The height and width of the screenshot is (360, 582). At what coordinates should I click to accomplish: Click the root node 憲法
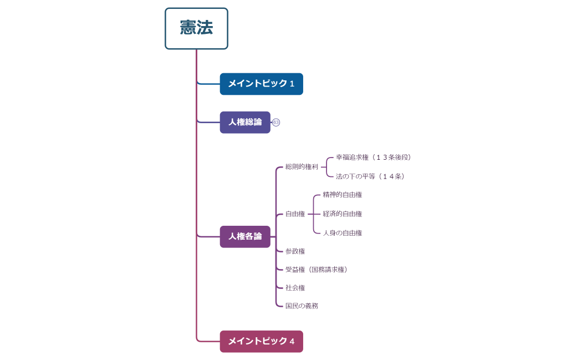196,28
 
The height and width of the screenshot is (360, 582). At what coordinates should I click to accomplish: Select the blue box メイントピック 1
261,84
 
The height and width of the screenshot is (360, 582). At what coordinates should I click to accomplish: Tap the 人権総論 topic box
245,122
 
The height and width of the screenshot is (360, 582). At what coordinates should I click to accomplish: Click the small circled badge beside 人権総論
276,123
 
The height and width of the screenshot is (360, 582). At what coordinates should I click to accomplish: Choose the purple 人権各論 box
245,236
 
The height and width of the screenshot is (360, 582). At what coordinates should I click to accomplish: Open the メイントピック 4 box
261,341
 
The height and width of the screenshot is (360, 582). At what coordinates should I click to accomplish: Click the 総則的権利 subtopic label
302,166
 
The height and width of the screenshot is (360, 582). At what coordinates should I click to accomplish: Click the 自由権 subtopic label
295,214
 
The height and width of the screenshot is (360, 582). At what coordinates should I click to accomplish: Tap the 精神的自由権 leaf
342,195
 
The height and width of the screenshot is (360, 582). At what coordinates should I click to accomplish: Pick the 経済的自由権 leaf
342,214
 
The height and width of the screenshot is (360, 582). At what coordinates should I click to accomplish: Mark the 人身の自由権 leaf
342,233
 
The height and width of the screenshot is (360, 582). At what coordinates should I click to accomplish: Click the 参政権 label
295,251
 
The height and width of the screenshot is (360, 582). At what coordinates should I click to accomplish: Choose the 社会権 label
295,288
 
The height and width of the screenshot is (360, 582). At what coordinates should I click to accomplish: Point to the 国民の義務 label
302,306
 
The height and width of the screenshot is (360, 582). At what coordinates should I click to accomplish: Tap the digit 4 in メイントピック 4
292,342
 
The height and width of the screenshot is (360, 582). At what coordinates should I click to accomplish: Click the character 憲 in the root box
188,28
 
